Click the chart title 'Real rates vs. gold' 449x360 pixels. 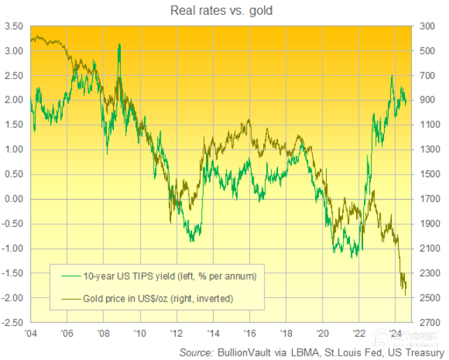[x=224, y=10]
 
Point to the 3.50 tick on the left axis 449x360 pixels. [x=14, y=27]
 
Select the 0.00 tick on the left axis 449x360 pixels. [x=14, y=199]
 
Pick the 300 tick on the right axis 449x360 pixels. [x=427, y=27]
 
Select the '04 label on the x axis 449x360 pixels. [x=31, y=334]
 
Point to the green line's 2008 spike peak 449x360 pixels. [x=119, y=45]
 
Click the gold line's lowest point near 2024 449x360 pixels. [x=406, y=295]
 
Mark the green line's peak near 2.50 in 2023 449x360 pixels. [x=392, y=75]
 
